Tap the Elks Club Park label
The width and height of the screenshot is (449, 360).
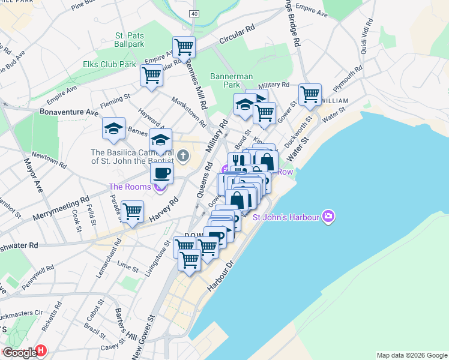click(x=109, y=64)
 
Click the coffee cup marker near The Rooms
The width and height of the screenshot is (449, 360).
click(x=161, y=173)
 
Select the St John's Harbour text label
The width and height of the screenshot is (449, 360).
click(x=285, y=217)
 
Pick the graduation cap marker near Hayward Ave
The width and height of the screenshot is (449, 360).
click(x=113, y=128)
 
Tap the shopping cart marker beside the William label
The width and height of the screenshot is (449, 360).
click(x=310, y=95)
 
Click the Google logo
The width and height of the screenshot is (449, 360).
click(x=20, y=353)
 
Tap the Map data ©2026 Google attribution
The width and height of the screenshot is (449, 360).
click(x=412, y=355)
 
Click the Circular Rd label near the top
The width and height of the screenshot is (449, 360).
click(x=237, y=38)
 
